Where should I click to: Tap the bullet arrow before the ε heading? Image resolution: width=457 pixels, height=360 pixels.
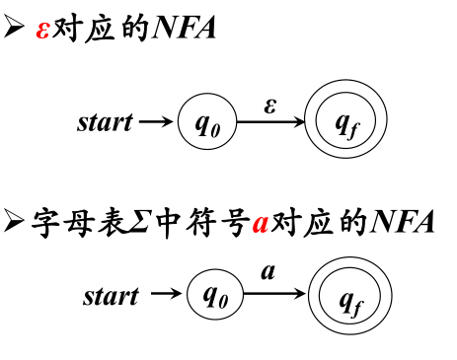[15, 29]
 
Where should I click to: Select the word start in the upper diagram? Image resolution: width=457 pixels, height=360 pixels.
[104, 122]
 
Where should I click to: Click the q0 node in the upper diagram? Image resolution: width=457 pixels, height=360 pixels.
[207, 123]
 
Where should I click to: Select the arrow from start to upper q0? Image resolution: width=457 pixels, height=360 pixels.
[155, 122]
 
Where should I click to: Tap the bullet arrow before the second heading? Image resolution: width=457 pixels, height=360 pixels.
[15, 222]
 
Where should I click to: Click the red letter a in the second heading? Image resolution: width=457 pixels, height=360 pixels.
[261, 223]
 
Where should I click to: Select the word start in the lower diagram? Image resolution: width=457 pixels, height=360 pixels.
[111, 295]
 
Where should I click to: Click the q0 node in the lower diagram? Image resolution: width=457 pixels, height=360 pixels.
[214, 294]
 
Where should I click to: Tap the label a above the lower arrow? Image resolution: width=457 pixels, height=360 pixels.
[267, 271]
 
